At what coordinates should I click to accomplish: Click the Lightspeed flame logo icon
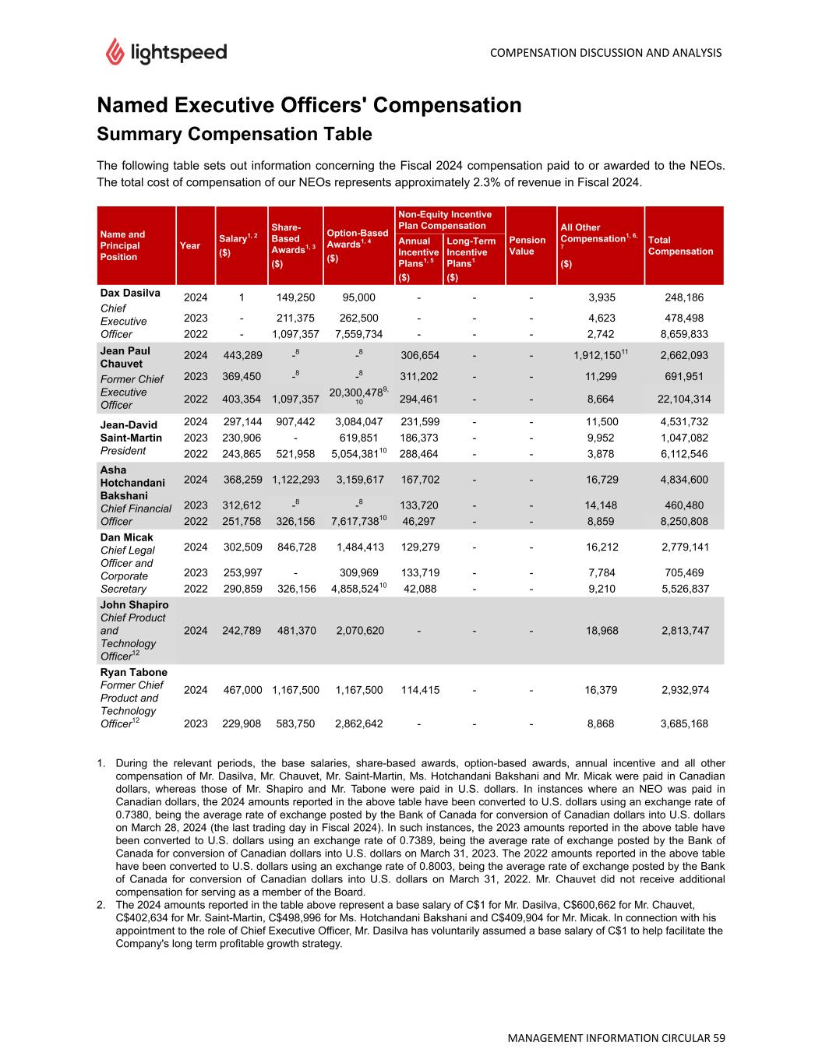115,51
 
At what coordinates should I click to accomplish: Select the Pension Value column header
527,245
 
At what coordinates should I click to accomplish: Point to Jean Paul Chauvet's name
125,357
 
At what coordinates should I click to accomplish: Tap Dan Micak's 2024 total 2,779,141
684,547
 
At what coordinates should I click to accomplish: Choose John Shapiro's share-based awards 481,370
296,630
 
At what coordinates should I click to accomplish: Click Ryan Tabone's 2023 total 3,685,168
684,723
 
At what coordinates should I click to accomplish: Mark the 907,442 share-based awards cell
296,421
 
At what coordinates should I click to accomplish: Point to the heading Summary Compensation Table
234,134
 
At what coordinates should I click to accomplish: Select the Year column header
190,245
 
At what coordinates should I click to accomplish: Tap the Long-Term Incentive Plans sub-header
471,252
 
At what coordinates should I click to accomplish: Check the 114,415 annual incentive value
420,689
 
